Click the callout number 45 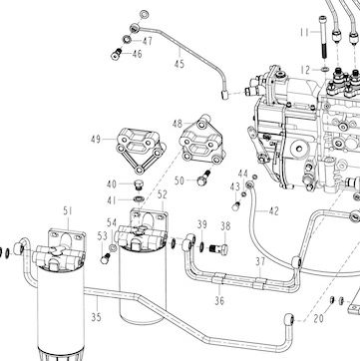[x=180, y=64]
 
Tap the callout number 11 [x=304, y=32]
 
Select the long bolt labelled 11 [x=323, y=36]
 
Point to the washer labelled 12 [x=324, y=70]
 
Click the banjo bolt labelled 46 [x=116, y=54]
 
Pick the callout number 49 [x=96, y=139]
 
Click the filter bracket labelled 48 [x=202, y=140]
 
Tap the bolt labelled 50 [x=203, y=178]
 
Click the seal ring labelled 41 [x=139, y=199]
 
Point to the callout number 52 [x=162, y=194]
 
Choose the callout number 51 [x=68, y=210]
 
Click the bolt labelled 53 [x=106, y=258]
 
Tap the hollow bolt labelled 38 [x=218, y=248]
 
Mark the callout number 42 [x=273, y=211]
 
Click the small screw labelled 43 [x=235, y=206]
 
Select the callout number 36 [x=219, y=301]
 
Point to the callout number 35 [x=96, y=317]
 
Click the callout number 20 [x=318, y=319]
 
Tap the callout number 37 [x=260, y=261]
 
